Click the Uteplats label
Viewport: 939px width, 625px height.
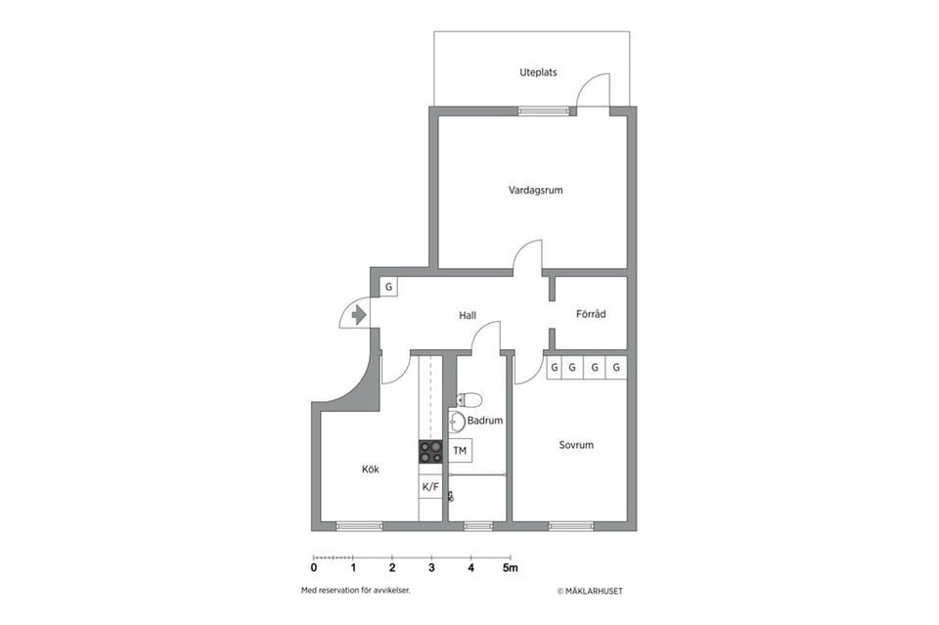point(538,72)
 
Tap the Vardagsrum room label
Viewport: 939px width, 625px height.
point(535,191)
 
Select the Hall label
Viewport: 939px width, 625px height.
point(468,315)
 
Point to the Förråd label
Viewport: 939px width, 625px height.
point(591,314)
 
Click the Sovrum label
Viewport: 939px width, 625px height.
point(576,445)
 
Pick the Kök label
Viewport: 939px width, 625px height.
point(371,469)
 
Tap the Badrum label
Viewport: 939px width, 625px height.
point(485,421)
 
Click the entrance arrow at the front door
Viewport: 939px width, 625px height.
point(359,314)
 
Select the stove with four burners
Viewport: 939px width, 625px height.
point(430,452)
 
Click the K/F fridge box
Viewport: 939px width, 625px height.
point(430,487)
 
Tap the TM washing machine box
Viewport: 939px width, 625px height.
point(460,450)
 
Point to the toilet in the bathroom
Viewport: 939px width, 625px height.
point(469,399)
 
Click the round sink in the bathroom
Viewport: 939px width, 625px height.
point(457,422)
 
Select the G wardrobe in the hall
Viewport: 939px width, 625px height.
point(388,288)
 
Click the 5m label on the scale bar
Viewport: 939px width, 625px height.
point(511,567)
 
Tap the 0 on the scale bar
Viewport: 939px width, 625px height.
point(314,567)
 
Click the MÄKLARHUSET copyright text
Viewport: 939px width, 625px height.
point(590,591)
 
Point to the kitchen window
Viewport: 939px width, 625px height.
point(359,526)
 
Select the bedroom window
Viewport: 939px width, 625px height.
point(570,526)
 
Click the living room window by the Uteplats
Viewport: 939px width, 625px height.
point(543,111)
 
